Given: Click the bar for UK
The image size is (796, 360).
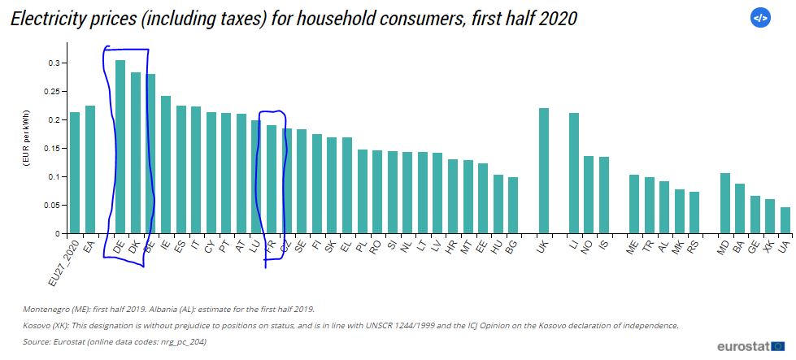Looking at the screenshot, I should point(544,171).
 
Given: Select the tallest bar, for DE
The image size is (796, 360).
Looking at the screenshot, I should point(120,147).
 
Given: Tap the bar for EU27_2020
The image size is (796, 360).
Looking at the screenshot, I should point(75,173).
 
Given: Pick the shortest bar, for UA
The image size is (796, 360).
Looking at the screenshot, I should point(785,220).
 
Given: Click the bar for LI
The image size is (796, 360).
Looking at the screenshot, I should point(574,173).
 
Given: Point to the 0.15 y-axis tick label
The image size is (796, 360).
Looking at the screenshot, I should point(50,149).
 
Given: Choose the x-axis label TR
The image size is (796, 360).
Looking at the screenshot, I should point(647,248).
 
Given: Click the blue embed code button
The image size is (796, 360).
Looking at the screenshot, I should point(759,18).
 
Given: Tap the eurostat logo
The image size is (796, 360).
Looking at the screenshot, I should point(747,345).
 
